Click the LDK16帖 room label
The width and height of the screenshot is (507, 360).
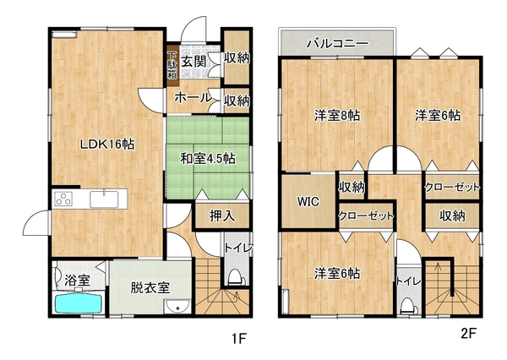[x=107, y=145]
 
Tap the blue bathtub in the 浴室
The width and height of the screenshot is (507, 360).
[x=79, y=303]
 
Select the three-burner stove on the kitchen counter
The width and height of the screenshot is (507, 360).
[x=63, y=199]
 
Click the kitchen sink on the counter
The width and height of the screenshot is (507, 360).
[x=104, y=199]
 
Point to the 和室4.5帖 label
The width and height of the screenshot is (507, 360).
[x=208, y=159]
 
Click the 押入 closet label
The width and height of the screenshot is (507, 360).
[x=221, y=216]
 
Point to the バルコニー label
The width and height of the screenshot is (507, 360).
[x=337, y=43]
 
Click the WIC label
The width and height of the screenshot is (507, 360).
[x=308, y=201]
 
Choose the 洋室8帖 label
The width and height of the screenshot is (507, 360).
[x=337, y=116]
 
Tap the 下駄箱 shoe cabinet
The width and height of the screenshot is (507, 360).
[x=172, y=65]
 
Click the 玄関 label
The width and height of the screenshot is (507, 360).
[x=194, y=62]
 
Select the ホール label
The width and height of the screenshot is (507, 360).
[x=193, y=97]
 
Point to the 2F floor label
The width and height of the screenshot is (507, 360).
[x=468, y=333]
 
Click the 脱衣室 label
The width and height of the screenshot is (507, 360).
[x=150, y=287]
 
